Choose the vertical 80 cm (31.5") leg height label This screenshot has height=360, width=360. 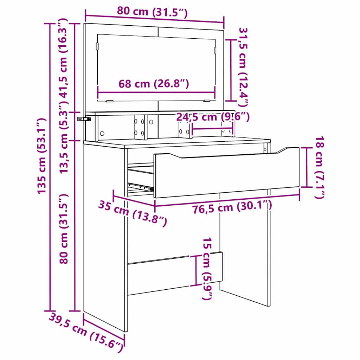(63, 229)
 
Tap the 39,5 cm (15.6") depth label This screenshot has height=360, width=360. (86, 332)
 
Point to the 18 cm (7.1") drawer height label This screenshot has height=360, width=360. (319, 168)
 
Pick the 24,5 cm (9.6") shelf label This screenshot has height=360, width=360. (213, 117)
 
